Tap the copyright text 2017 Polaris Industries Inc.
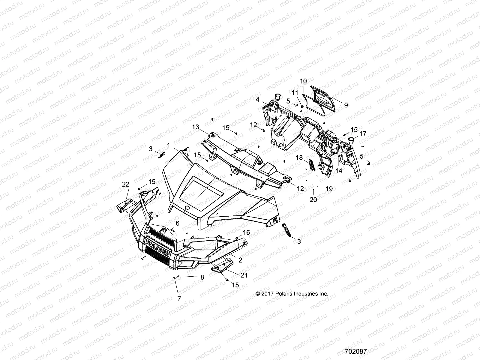pyautogui.click(x=292, y=294)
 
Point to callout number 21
pyautogui.click(x=244, y=275)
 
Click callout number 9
pyautogui.click(x=346, y=105)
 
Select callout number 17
pyautogui.click(x=363, y=133)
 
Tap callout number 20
pyautogui.click(x=313, y=199)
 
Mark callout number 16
pyautogui.click(x=246, y=232)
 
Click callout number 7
pyautogui.click(x=179, y=298)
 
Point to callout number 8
pyautogui.click(x=202, y=277)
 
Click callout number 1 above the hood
pyautogui.click(x=169, y=145)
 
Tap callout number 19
pyautogui.click(x=329, y=189)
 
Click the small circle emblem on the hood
pyautogui.click(x=187, y=208)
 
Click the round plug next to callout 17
pyautogui.click(x=352, y=139)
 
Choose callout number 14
pyautogui.click(x=339, y=171)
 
